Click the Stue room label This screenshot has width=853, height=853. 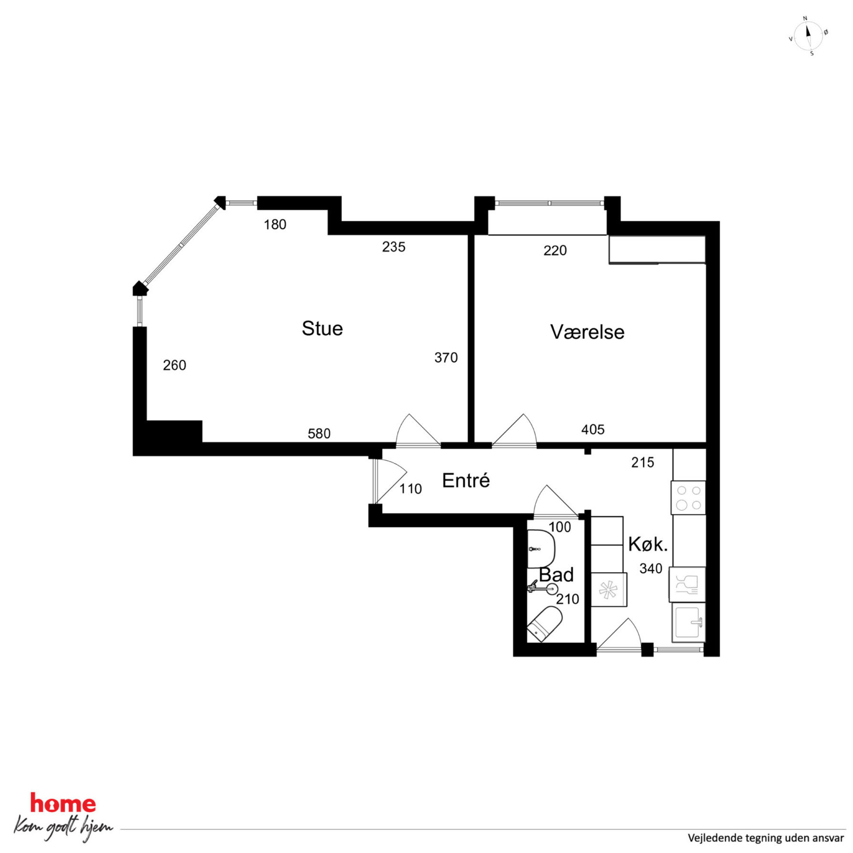(322, 328)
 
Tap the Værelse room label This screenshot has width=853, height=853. (587, 332)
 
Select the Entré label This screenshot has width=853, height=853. (466, 480)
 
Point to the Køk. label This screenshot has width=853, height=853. (647, 544)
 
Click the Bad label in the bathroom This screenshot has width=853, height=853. (556, 575)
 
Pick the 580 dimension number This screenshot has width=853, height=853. (319, 433)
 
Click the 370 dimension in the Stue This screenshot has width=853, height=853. (446, 358)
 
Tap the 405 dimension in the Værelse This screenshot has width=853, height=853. (592, 430)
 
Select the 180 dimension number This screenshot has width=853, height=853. (275, 225)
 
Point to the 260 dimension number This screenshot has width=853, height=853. (175, 365)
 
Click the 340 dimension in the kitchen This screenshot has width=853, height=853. (651, 568)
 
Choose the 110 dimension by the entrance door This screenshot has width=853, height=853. (411, 489)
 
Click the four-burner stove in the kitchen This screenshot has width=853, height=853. (688, 497)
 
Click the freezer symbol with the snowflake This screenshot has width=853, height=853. (608, 590)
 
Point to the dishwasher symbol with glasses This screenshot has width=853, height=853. (687, 585)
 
